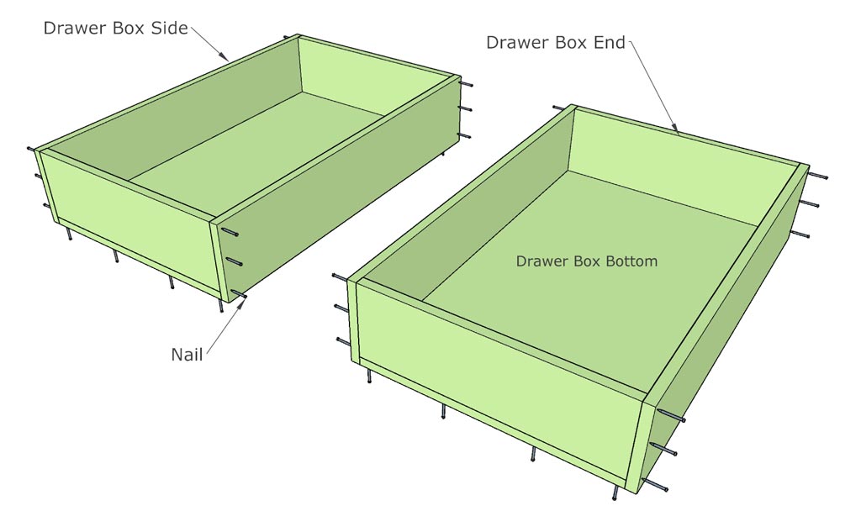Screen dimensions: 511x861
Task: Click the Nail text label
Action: point(187,354)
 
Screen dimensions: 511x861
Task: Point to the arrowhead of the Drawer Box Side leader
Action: point(228,59)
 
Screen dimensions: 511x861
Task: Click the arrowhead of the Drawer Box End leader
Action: point(678,132)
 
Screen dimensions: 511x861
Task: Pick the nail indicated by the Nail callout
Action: point(238,294)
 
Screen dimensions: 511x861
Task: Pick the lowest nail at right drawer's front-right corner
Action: point(656,484)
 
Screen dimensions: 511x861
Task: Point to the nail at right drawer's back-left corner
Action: point(560,108)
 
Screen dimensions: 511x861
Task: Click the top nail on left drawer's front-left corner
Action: point(34,150)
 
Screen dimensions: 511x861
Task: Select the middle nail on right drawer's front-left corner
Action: point(343,308)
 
